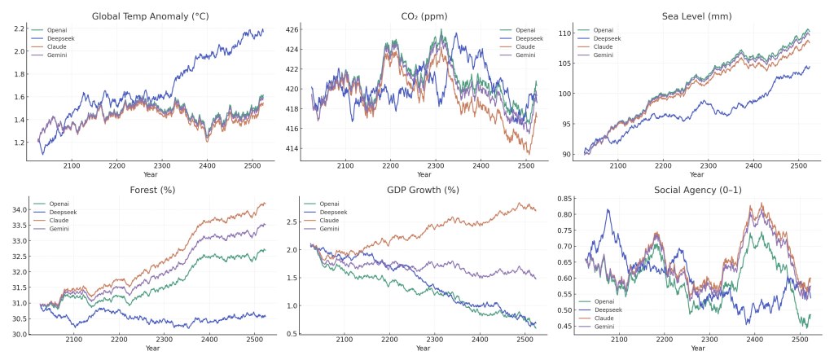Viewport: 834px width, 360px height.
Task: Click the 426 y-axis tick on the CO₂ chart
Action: [292, 29]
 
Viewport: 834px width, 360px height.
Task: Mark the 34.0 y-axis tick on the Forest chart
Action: [18, 209]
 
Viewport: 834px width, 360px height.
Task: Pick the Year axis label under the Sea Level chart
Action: [696, 174]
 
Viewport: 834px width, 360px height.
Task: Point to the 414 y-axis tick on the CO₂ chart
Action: [292, 148]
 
